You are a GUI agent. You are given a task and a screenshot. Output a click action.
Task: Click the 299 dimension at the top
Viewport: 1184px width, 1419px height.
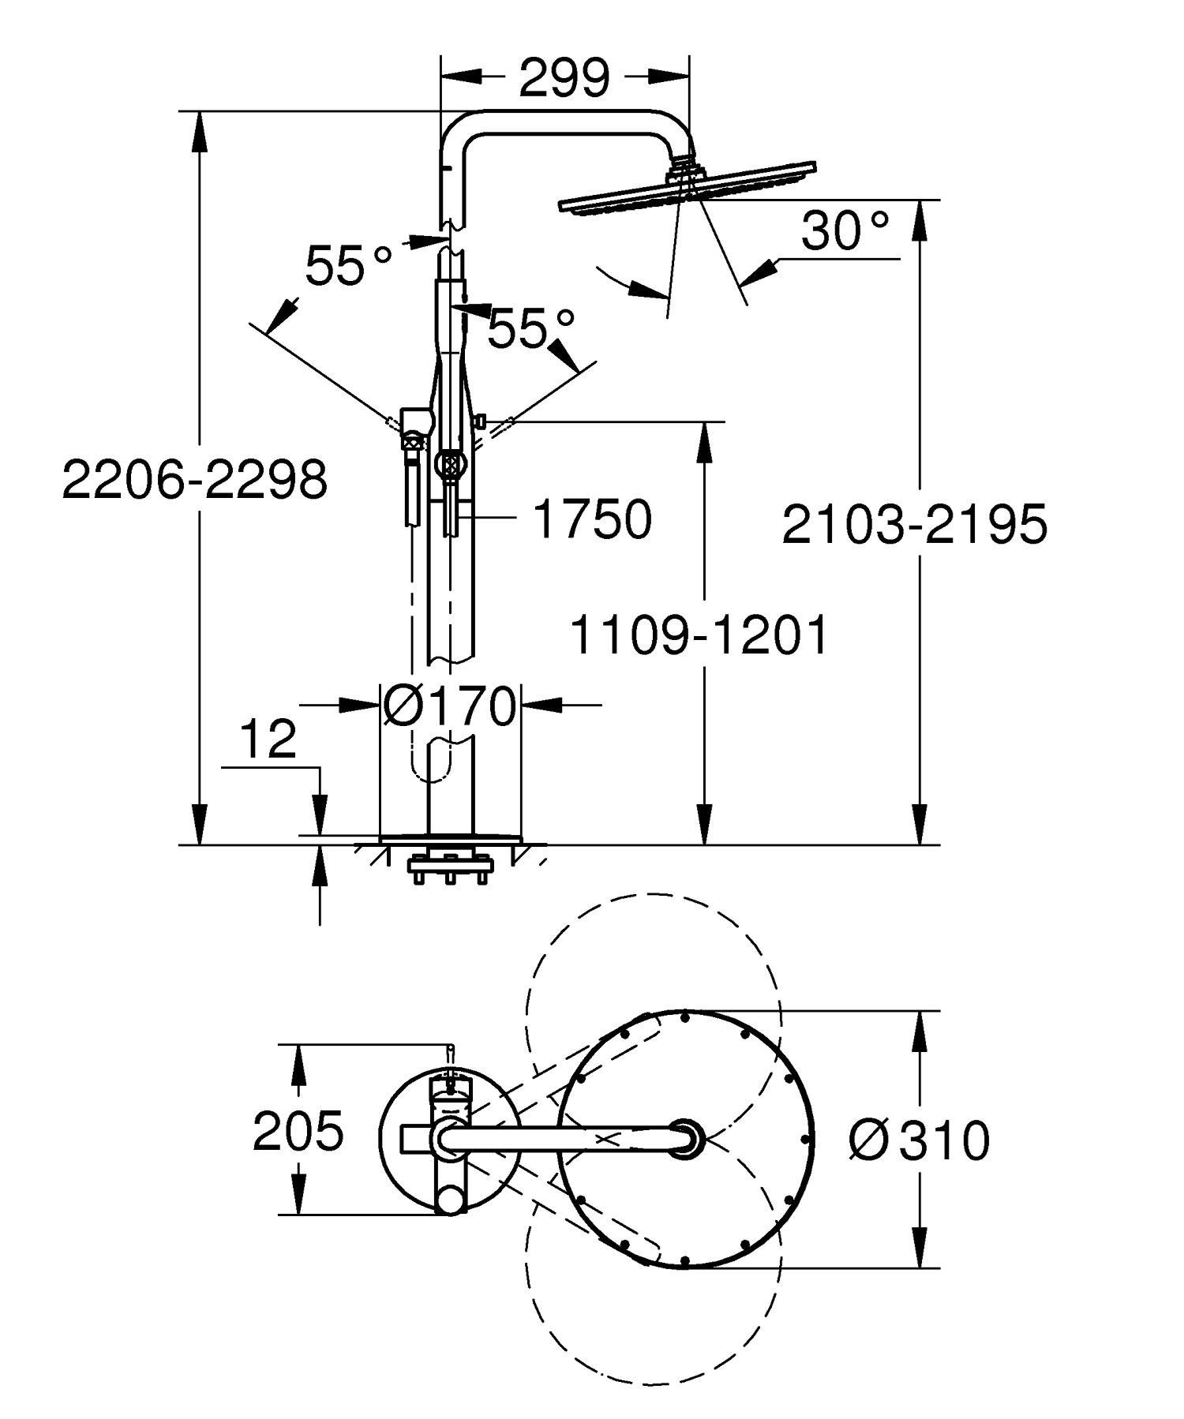click(x=564, y=77)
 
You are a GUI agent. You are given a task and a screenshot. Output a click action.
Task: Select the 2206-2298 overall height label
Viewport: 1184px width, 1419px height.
click(x=194, y=479)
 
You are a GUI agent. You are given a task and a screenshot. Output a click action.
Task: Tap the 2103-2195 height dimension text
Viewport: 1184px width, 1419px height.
click(x=914, y=524)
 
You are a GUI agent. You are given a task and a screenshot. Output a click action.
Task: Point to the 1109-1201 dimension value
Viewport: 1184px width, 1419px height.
click(x=698, y=636)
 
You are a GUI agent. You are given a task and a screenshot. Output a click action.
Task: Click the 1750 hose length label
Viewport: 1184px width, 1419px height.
click(x=593, y=519)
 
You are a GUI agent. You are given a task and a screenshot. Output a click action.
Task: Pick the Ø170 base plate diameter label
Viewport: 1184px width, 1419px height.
click(x=449, y=705)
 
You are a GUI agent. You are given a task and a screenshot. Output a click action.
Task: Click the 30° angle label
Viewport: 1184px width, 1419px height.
click(x=845, y=231)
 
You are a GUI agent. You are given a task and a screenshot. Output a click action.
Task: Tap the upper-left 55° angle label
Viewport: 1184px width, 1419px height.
click(x=348, y=265)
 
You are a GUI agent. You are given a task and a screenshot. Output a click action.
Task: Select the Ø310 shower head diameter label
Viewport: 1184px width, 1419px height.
click(x=919, y=1140)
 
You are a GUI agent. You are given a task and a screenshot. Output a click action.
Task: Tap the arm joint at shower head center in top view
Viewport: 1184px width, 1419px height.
click(x=684, y=1136)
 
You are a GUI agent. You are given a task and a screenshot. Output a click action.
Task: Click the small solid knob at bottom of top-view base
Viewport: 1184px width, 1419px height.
click(x=451, y=1200)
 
